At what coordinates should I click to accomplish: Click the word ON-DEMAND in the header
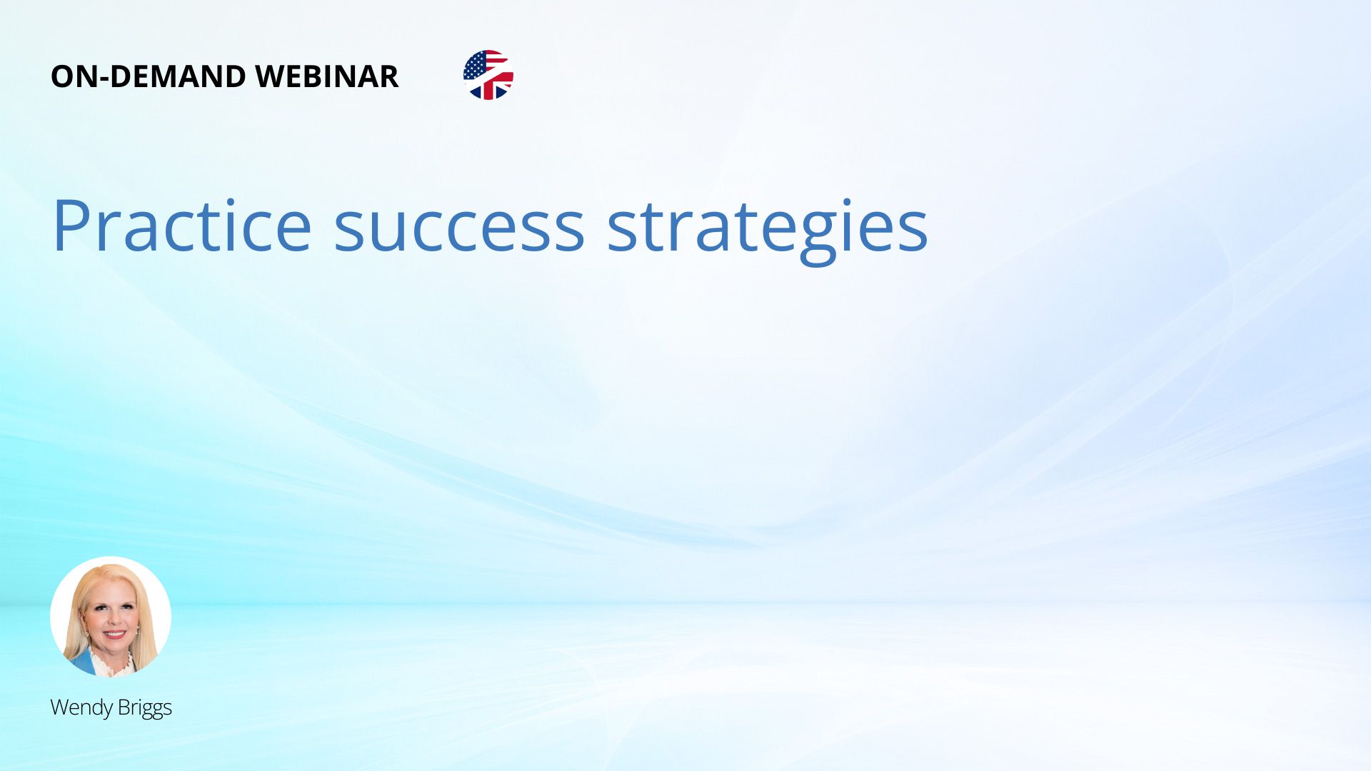(x=148, y=76)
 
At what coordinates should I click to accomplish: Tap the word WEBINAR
(x=327, y=76)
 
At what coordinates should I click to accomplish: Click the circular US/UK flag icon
(x=488, y=75)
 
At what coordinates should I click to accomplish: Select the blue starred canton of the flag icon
(x=476, y=66)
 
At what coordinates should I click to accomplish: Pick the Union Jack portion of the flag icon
(x=493, y=86)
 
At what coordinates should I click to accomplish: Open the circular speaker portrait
(x=111, y=617)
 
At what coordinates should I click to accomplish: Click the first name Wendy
(x=81, y=708)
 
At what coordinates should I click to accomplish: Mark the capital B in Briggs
(x=123, y=707)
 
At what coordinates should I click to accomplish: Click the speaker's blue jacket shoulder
(x=80, y=662)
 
